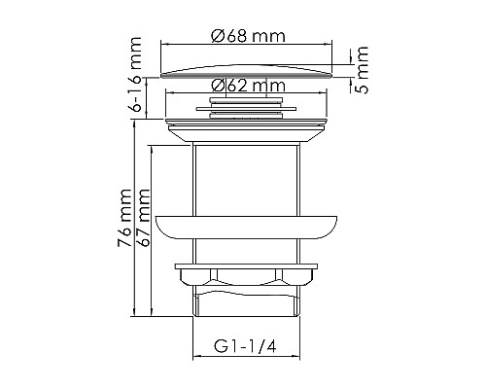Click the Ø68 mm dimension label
click(x=247, y=36)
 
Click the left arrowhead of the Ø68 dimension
click(x=162, y=45)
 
